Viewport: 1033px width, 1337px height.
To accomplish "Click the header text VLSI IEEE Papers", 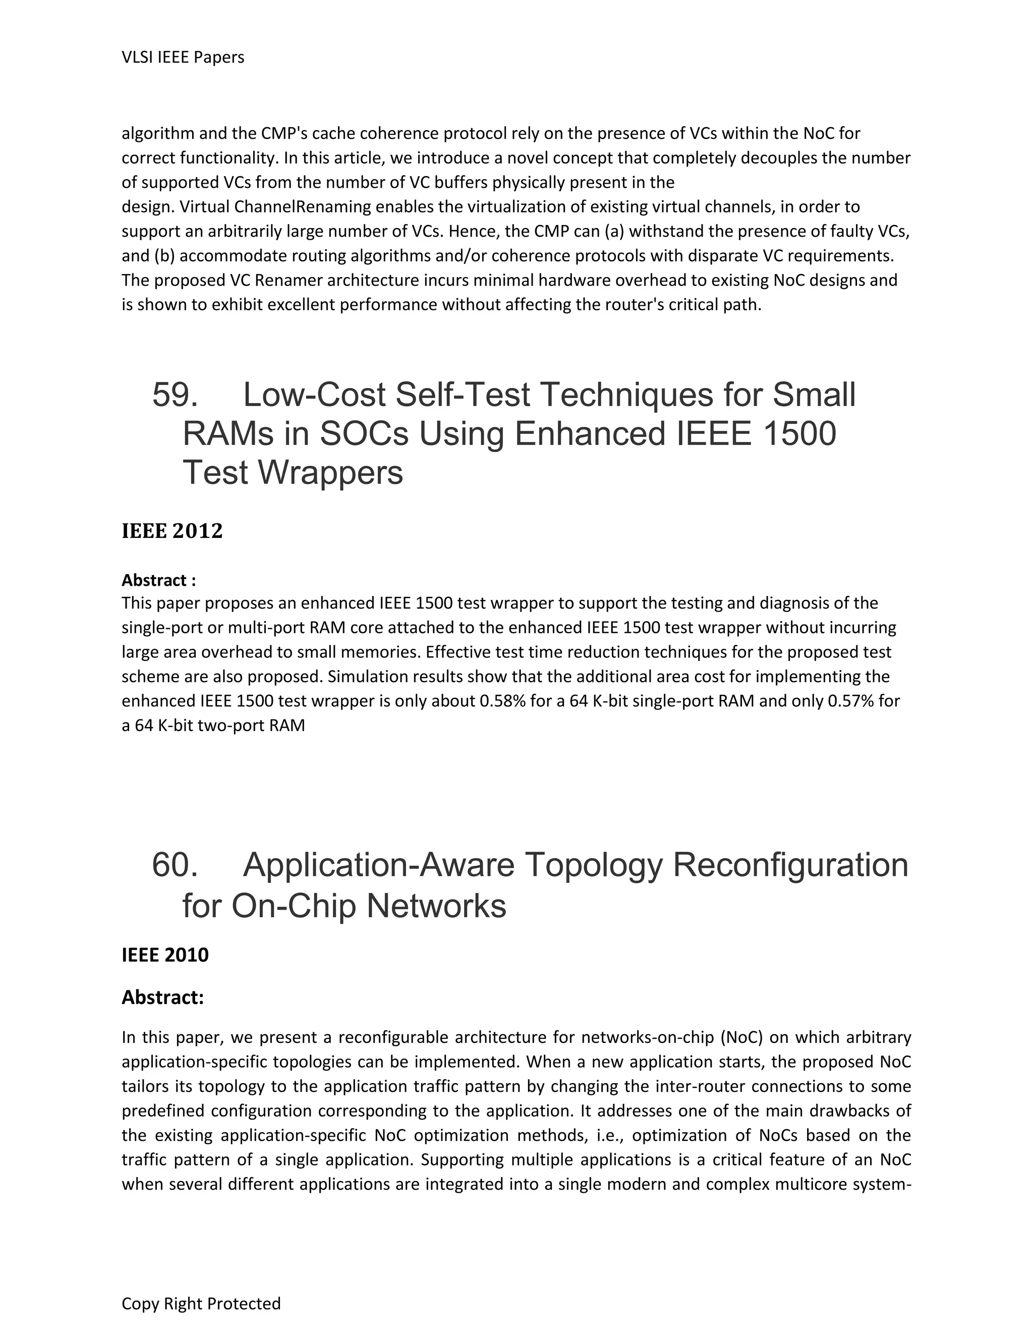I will tap(183, 57).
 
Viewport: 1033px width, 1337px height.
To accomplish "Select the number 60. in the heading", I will tap(175, 865).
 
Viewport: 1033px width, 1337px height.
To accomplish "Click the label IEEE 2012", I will tap(172, 531).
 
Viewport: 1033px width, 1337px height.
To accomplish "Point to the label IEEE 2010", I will tap(165, 955).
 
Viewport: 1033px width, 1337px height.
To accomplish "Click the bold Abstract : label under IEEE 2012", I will tap(158, 580).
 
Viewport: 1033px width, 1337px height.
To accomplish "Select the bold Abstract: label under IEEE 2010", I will tap(162, 997).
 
